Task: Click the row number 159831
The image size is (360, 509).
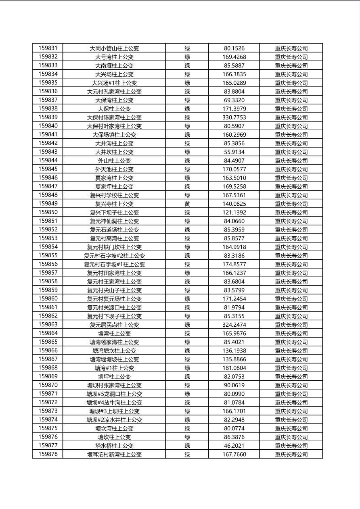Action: pos(48,48)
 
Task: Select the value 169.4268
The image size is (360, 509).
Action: pos(234,57)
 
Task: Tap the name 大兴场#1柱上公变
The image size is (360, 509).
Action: pos(114,83)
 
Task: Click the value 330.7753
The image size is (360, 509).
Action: pos(234,117)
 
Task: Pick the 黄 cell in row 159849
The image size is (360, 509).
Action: pos(187,204)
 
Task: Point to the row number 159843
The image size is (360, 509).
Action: pos(48,152)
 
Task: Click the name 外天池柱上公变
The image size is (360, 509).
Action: pos(114,169)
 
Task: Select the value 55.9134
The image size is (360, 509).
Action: pos(234,152)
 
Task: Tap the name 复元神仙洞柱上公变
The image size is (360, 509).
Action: pos(114,221)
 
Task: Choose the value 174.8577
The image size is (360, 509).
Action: pos(234,264)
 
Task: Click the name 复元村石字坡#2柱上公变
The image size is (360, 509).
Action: pos(114,256)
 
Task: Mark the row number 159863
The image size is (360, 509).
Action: pos(48,324)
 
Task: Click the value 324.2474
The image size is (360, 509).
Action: pos(234,325)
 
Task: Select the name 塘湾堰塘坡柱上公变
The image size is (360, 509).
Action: pos(114,359)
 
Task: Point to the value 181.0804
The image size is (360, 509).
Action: pos(234,368)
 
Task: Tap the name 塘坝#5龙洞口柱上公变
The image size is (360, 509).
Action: pos(114,394)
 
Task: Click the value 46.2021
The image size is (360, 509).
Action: pos(234,446)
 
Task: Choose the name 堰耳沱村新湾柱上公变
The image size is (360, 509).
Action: pos(114,455)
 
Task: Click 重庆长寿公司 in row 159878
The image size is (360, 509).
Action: pos(291,455)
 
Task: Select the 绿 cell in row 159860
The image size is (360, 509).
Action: pos(187,299)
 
